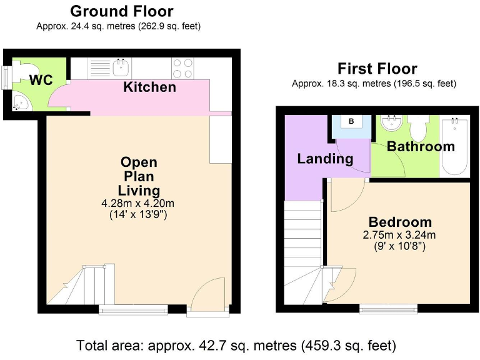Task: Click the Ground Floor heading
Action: pyautogui.click(x=121, y=11)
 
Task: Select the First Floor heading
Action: pyautogui.click(x=377, y=68)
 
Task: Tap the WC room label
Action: pyautogui.click(x=41, y=81)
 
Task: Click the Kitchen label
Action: pyautogui.click(x=149, y=87)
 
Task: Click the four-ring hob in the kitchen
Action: pyautogui.click(x=182, y=67)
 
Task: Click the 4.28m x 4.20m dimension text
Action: pyautogui.click(x=137, y=203)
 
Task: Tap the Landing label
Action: pyautogui.click(x=325, y=159)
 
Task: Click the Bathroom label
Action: pyautogui.click(x=421, y=146)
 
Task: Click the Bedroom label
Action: pyautogui.click(x=400, y=222)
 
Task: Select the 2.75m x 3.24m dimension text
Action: pyautogui.click(x=400, y=235)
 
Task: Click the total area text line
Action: pyautogui.click(x=236, y=345)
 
